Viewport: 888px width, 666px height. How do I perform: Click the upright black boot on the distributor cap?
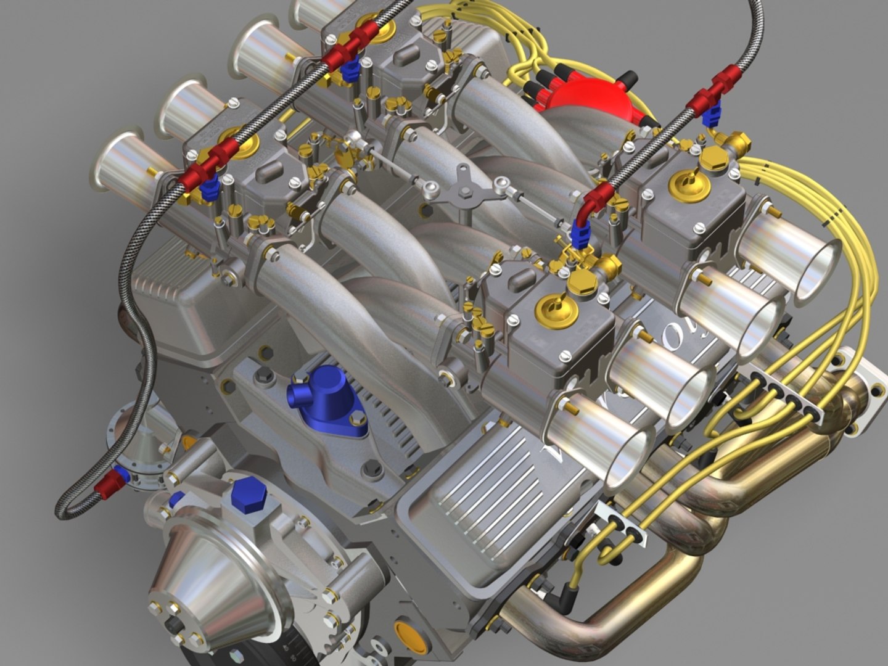pos(627,80)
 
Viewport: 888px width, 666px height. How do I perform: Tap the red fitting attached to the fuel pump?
pos(109,480)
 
